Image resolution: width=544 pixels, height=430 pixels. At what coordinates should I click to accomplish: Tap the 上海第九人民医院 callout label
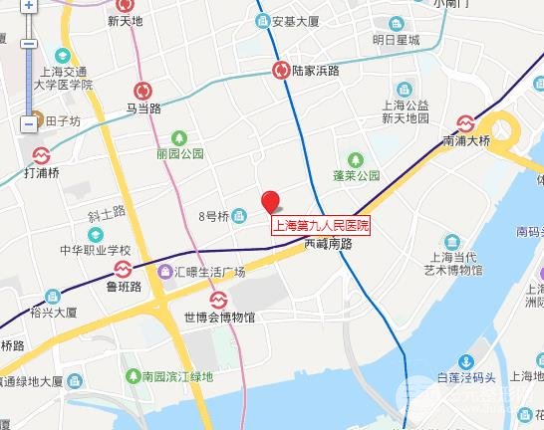(x=322, y=226)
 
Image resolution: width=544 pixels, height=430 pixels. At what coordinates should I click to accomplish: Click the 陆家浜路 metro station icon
(x=282, y=71)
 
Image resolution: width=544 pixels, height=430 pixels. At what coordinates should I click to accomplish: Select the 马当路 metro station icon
(x=145, y=90)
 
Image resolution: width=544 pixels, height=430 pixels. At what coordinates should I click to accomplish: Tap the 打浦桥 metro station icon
(x=41, y=156)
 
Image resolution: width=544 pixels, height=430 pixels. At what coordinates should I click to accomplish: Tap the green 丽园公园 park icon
(x=179, y=137)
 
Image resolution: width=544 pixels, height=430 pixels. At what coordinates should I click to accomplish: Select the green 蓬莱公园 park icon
(x=355, y=158)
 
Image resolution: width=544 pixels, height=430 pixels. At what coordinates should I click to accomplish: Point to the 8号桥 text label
(x=213, y=216)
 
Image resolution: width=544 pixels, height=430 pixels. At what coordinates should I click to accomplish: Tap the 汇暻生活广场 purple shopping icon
(x=165, y=271)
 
